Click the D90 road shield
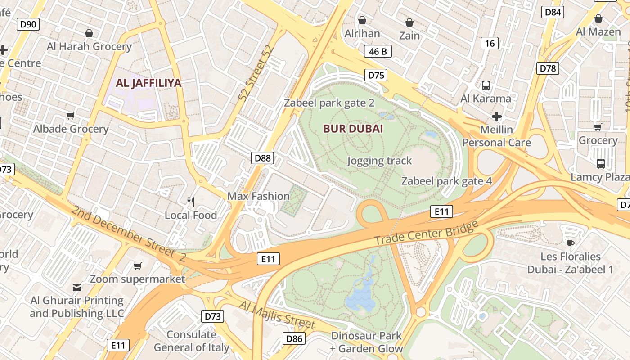tap(28, 24)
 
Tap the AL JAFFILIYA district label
tap(148, 83)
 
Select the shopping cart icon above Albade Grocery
tap(71, 116)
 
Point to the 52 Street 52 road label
tap(258, 73)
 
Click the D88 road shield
tap(263, 157)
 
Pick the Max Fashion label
tap(258, 196)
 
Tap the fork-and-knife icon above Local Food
tap(191, 202)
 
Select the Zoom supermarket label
tap(137, 279)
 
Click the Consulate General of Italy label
tap(191, 341)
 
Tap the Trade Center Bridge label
tap(426, 233)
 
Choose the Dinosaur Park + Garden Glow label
tap(366, 342)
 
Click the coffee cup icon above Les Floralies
tap(570, 243)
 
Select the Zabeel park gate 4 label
tap(446, 181)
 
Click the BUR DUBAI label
tap(353, 129)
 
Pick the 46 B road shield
tap(378, 51)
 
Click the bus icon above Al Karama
tap(486, 85)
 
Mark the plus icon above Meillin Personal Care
tap(497, 117)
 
